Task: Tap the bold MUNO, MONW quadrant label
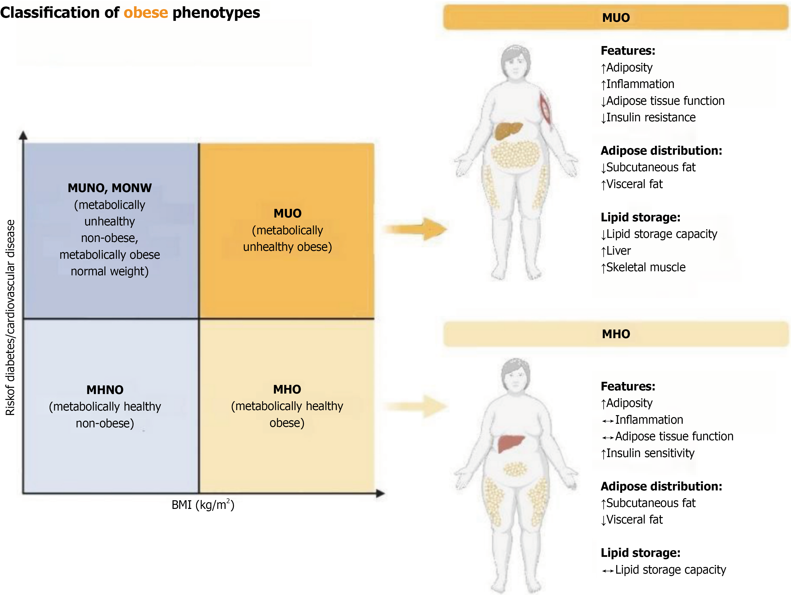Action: (x=110, y=188)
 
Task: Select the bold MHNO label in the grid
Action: (x=105, y=390)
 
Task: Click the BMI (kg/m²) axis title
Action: (x=203, y=505)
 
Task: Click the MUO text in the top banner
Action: (x=616, y=18)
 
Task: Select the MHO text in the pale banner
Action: (x=616, y=334)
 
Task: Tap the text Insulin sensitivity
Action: (x=650, y=453)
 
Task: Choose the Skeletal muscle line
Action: (x=646, y=267)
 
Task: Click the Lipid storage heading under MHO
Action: (x=640, y=553)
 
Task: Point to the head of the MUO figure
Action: (x=515, y=61)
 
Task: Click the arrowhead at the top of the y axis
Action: (x=23, y=135)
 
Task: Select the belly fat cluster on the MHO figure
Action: (x=515, y=469)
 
